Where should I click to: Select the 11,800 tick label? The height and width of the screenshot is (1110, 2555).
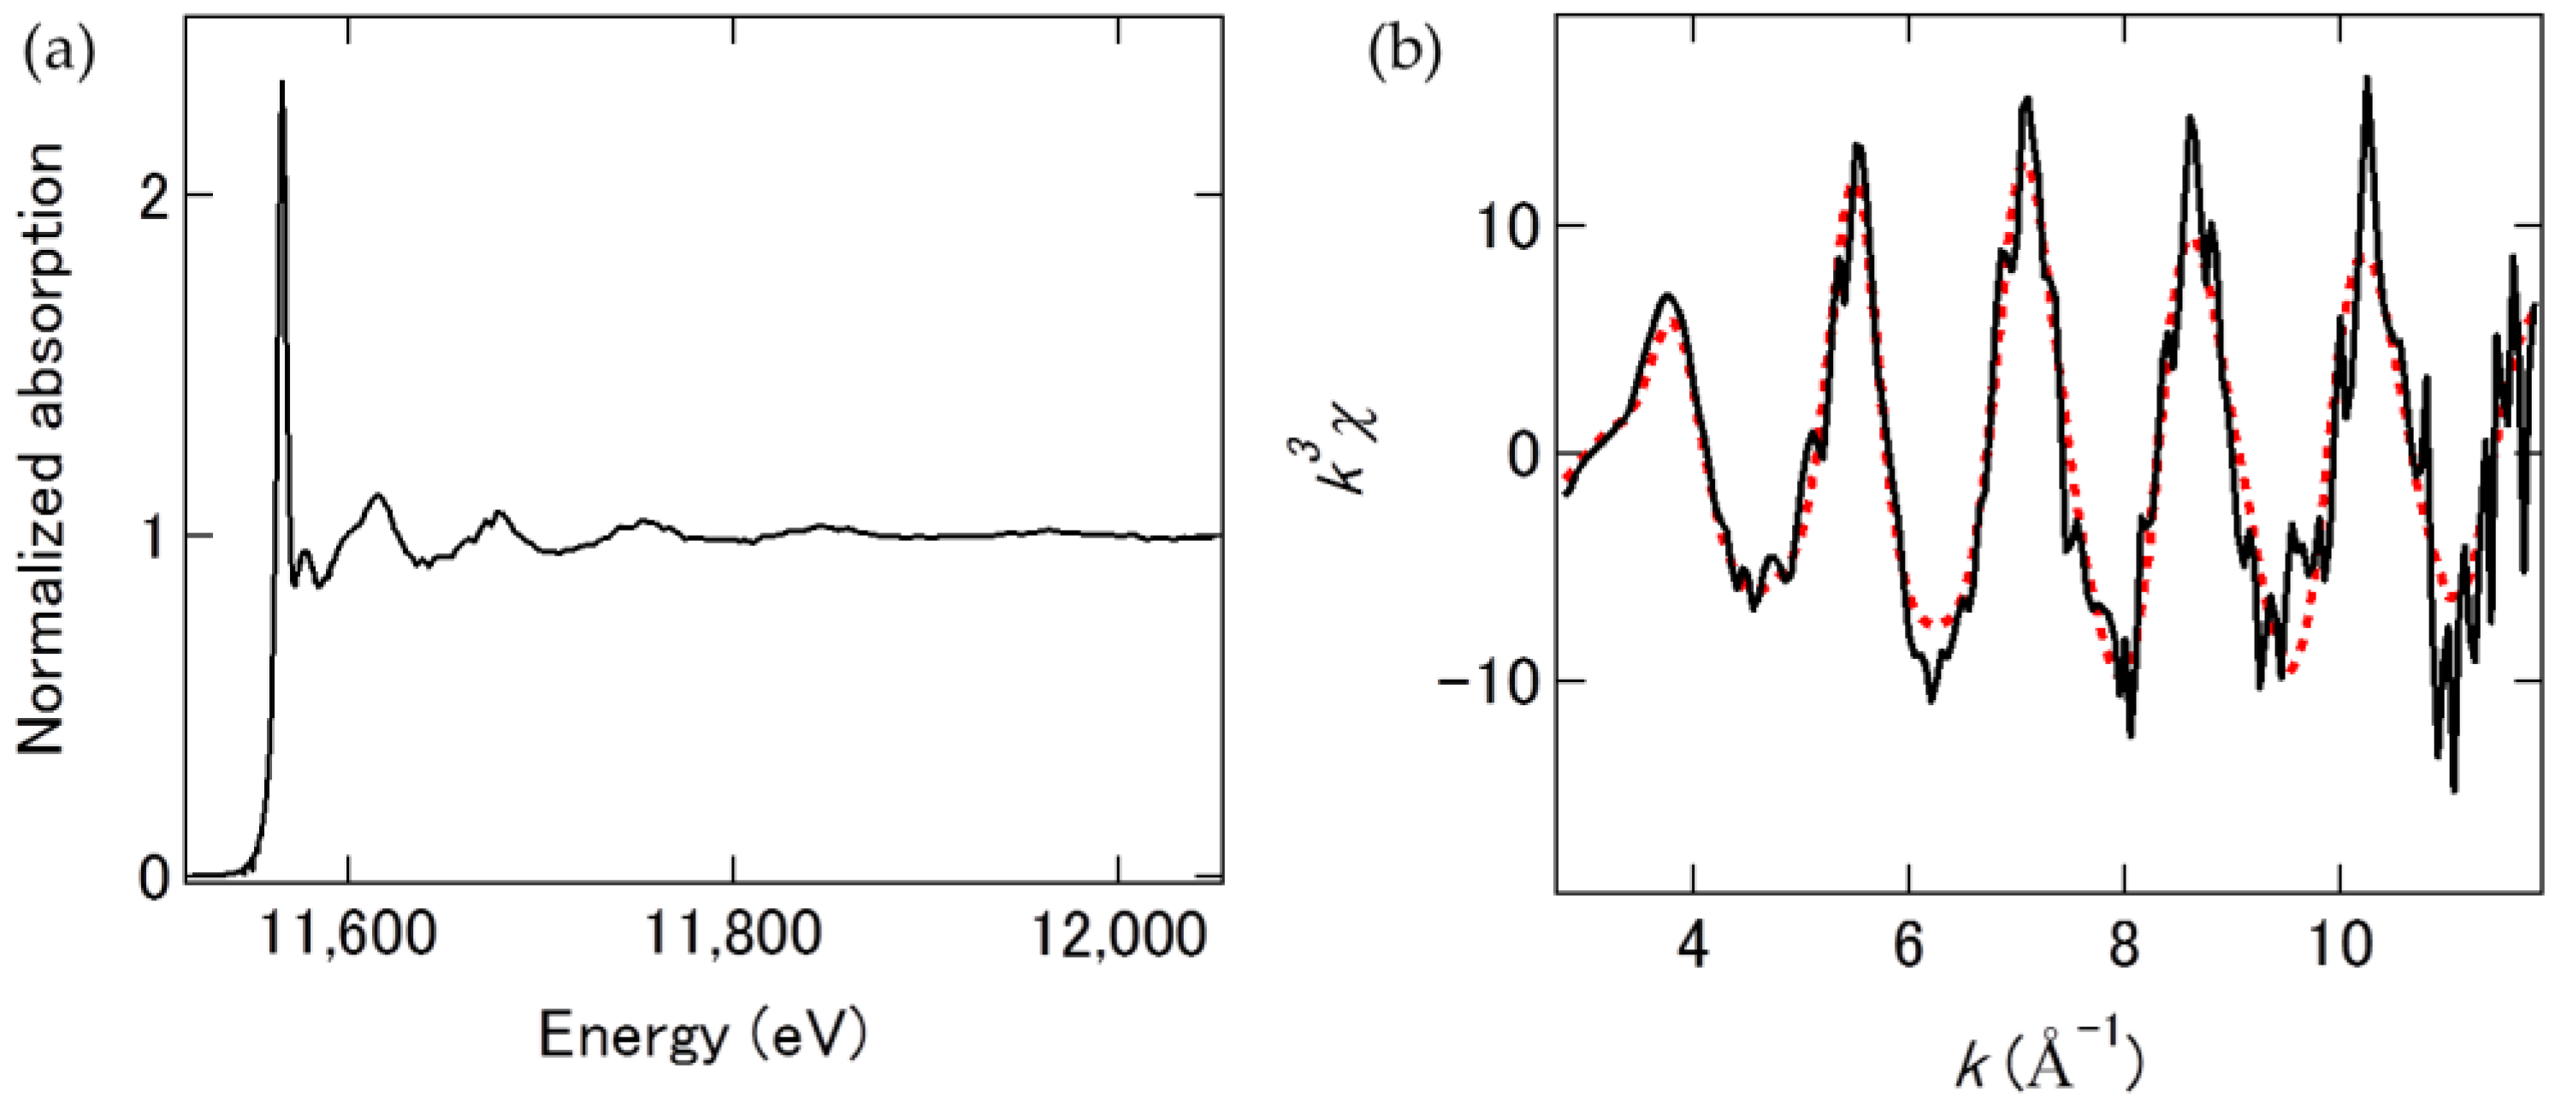tap(732, 934)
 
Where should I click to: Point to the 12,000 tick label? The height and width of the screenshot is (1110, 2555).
tap(1119, 934)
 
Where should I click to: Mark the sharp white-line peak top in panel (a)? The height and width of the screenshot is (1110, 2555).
tap(281, 83)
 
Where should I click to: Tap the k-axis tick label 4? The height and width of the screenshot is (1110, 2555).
tap(1694, 947)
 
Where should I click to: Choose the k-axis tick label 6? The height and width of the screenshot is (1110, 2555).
tap(1908, 947)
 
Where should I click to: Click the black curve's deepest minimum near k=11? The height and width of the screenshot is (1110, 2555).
tap(2454, 790)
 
